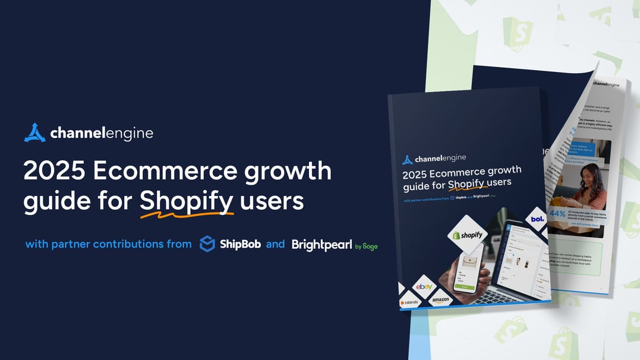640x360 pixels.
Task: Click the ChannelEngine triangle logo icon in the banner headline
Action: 34,132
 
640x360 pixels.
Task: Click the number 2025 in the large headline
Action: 53,171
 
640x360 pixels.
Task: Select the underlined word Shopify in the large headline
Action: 186,202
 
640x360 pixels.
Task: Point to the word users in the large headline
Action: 271,202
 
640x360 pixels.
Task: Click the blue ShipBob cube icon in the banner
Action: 207,244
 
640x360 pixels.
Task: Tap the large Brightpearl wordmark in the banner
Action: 321,245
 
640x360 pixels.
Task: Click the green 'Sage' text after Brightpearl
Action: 370,246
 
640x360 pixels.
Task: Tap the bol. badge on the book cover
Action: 537,219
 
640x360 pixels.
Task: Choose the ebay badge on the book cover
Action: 424,288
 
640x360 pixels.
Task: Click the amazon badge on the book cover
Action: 441,301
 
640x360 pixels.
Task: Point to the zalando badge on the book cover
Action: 410,302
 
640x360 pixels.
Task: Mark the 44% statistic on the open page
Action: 559,213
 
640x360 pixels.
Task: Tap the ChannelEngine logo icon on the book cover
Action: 408,159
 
